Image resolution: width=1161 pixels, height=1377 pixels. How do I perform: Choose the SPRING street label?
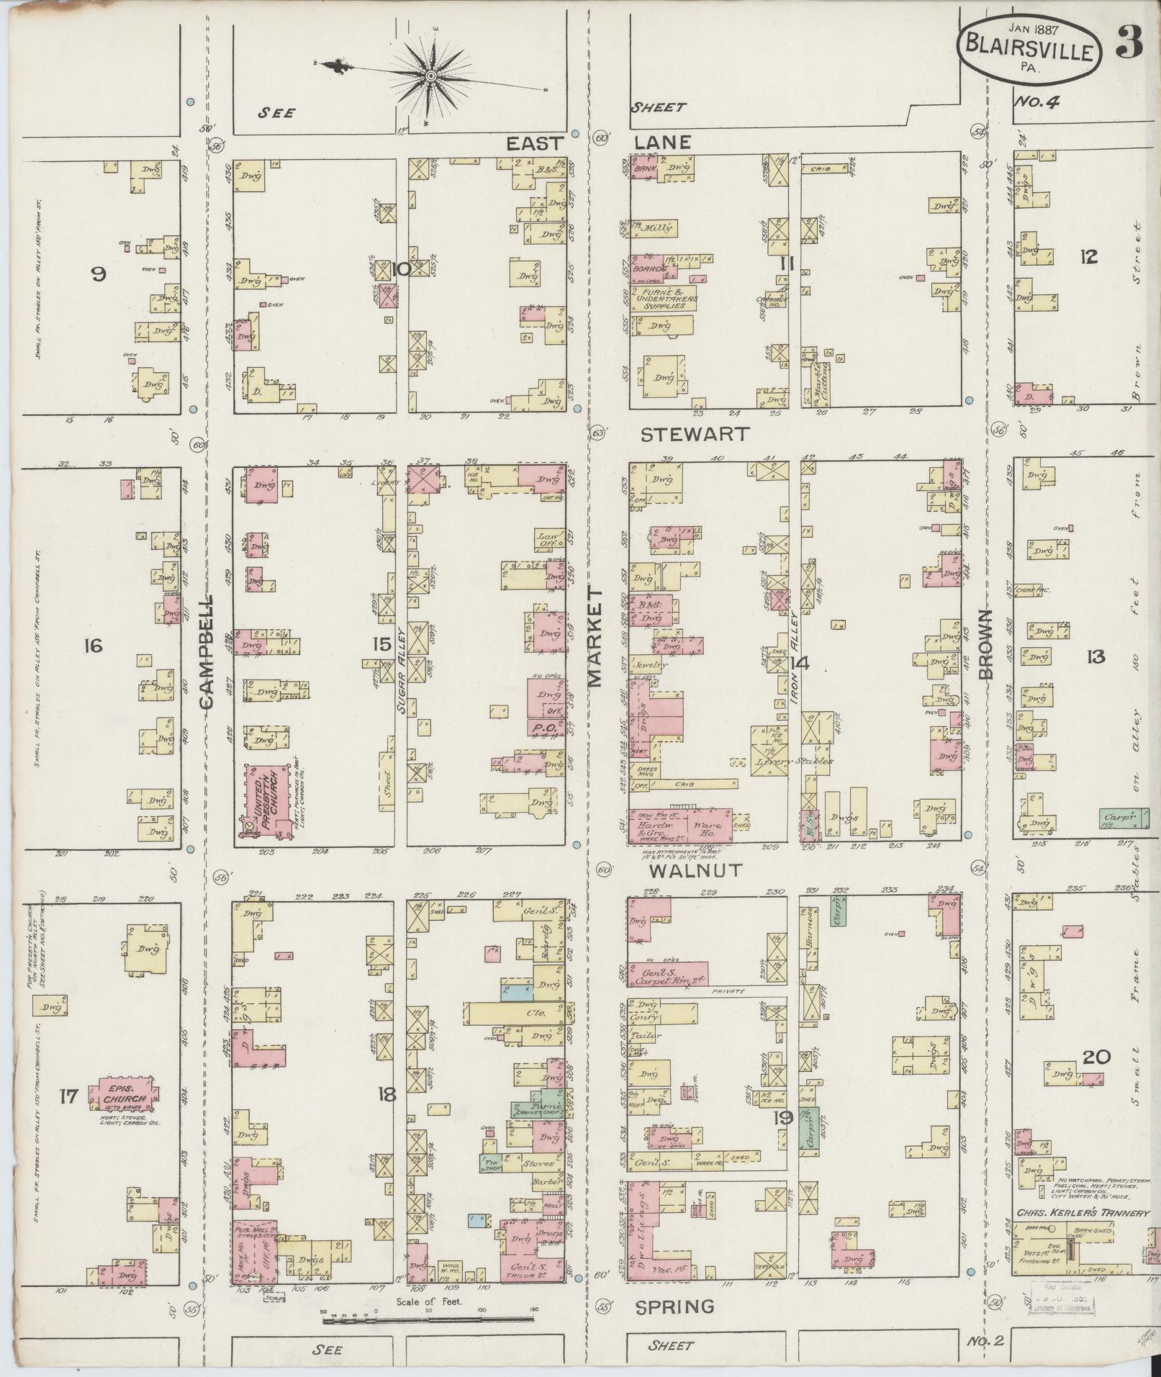pos(675,1306)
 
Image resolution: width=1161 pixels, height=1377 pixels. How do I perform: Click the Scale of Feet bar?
pos(429,1320)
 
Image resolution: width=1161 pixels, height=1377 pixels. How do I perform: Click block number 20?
pos(1096,1057)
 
